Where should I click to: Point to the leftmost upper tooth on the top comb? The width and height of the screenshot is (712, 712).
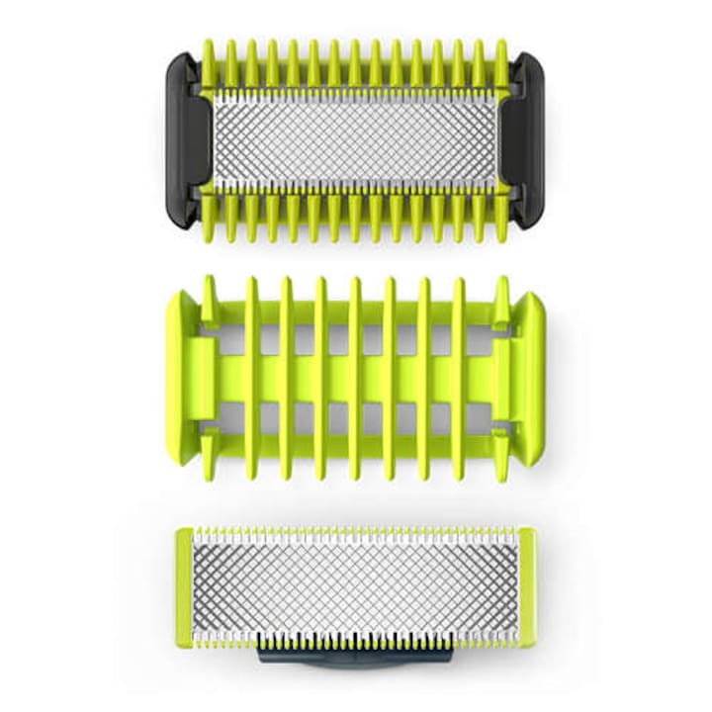point(209,61)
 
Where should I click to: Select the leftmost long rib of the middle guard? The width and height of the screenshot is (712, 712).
point(251,379)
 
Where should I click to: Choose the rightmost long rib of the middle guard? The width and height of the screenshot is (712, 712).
point(459,379)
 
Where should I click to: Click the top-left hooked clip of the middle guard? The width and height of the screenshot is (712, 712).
point(210,302)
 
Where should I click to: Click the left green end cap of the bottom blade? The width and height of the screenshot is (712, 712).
point(184,586)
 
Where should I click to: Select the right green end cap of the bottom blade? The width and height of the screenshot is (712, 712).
point(526,586)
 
